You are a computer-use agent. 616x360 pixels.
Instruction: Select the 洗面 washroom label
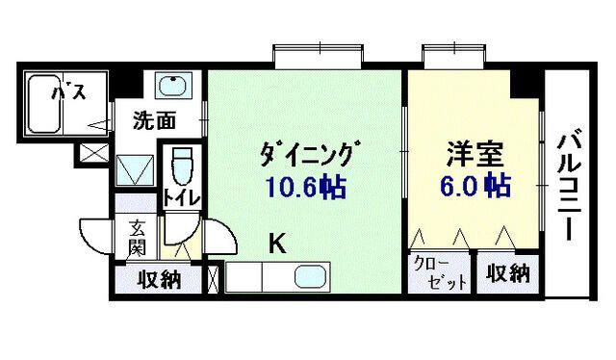pyautogui.click(x=154, y=121)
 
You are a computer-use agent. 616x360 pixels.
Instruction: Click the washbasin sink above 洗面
pyautogui.click(x=172, y=89)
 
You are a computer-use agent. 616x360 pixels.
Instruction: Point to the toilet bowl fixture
pyautogui.click(x=180, y=169)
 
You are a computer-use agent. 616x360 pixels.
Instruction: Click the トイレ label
pyautogui.click(x=181, y=198)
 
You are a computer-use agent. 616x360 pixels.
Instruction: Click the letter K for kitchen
pyautogui.click(x=276, y=244)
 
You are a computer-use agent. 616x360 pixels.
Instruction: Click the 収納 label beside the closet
pyautogui.click(x=506, y=273)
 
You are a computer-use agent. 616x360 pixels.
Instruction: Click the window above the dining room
pyautogui.click(x=309, y=57)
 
